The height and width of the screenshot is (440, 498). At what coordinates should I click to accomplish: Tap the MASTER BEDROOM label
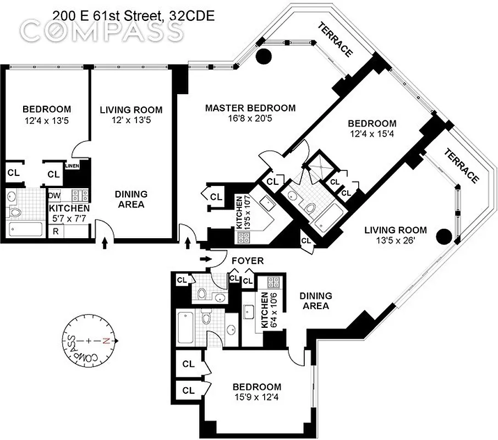250,108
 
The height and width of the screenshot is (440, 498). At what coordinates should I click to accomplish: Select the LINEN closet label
72,166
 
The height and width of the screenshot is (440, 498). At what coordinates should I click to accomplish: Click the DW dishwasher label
54,195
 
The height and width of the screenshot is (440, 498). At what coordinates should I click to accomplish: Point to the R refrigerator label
55,232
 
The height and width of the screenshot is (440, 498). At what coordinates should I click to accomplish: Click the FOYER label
247,261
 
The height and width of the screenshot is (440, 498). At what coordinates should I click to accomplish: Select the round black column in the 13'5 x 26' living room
444,237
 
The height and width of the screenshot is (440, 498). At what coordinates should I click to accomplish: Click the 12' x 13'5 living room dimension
131,121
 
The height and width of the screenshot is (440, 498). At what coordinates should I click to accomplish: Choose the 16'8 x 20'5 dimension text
250,119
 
